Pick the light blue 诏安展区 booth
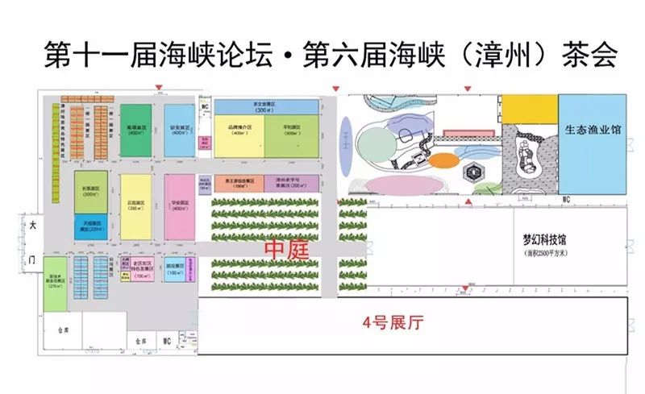(x=180, y=130)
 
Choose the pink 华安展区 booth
(x=180, y=206)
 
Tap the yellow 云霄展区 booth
(x=135, y=206)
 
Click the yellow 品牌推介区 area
(x=238, y=135)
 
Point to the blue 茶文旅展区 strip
(x=266, y=106)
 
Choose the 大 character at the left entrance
(x=32, y=226)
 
